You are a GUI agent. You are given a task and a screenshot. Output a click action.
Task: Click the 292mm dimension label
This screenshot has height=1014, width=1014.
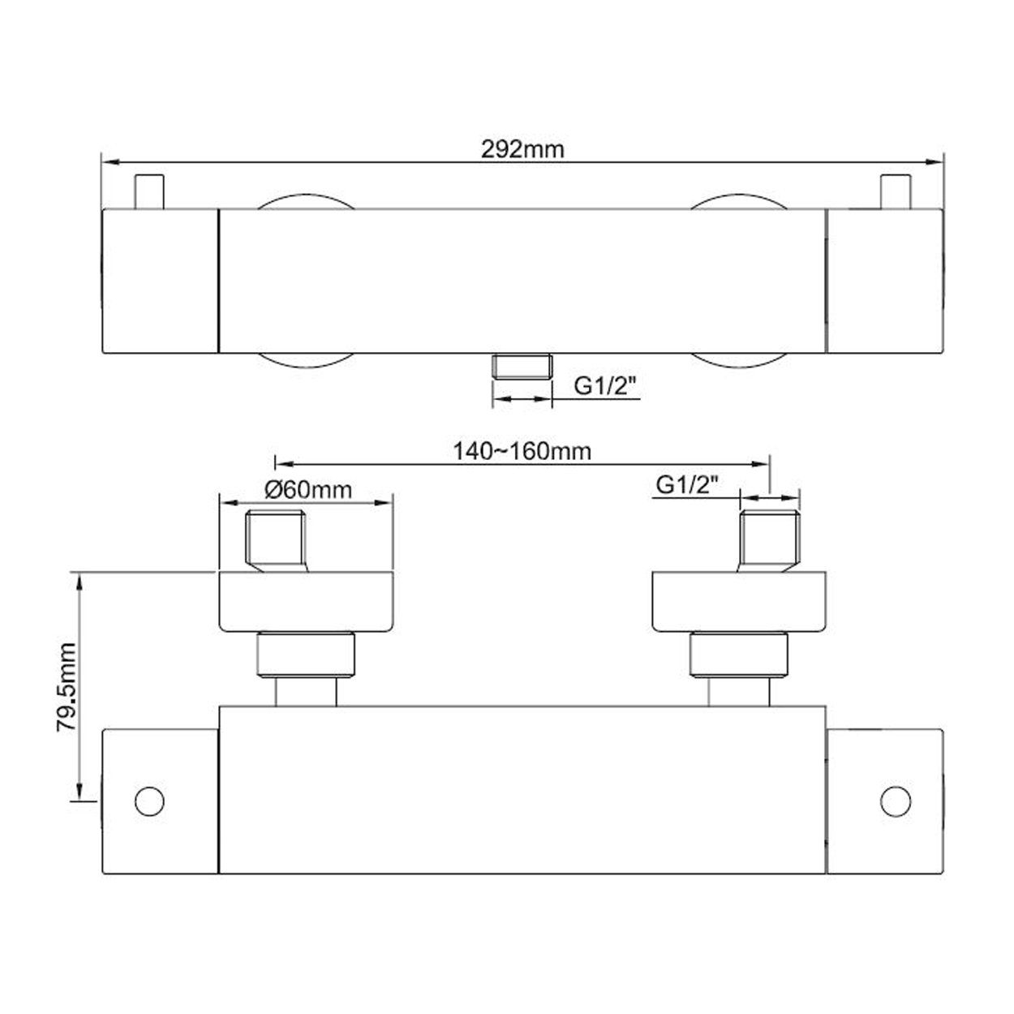click(522, 150)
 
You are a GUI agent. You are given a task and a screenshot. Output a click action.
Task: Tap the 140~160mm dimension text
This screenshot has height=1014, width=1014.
click(522, 452)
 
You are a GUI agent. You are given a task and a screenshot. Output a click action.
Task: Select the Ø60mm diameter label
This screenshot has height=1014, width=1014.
click(307, 490)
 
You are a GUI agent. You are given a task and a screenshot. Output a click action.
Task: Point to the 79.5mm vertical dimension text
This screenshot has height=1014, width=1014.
click(67, 687)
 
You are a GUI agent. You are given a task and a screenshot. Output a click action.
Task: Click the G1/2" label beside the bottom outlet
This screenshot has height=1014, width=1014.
click(605, 386)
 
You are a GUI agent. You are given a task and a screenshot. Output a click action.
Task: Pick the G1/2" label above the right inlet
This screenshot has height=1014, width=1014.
click(687, 484)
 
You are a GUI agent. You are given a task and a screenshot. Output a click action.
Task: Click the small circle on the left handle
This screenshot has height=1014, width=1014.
click(149, 801)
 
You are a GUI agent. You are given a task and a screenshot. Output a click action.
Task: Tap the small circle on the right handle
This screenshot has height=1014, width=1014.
click(896, 801)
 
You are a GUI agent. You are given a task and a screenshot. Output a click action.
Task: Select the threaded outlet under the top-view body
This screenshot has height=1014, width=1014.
click(522, 366)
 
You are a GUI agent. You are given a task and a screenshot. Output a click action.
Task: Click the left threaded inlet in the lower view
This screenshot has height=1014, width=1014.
click(276, 540)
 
